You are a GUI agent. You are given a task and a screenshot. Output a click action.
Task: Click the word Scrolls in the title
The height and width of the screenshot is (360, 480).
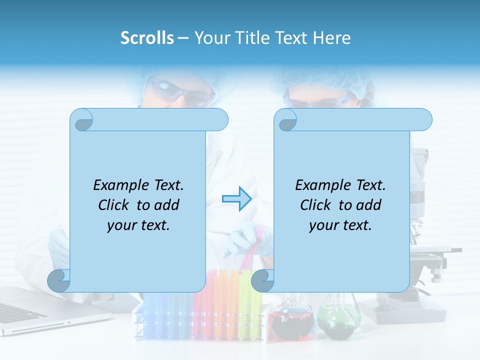coord(147,38)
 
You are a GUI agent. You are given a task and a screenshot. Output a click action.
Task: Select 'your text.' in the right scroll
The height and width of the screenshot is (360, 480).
coord(340,225)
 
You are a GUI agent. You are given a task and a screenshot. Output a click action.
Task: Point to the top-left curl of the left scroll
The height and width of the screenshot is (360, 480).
coord(82,120)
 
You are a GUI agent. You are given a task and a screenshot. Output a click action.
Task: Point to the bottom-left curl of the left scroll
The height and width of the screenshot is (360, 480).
coord(59,280)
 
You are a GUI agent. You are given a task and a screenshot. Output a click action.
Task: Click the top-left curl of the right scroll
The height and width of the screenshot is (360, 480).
coord(286,120)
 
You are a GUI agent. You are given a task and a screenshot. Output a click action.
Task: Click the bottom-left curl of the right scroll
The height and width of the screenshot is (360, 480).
coord(262,280)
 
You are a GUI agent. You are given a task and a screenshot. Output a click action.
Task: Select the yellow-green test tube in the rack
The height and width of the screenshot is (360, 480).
coord(245,300)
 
